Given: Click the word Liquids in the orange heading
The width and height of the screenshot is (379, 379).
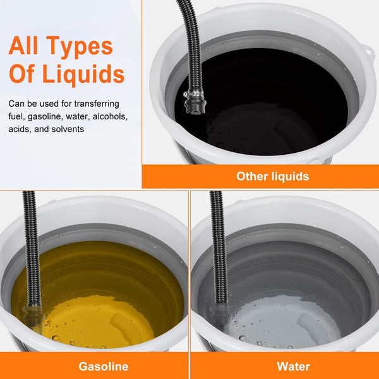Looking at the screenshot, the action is point(83,74).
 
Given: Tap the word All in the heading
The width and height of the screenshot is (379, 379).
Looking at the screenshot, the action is point(23,45).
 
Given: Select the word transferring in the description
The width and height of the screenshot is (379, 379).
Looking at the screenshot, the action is point(97,104).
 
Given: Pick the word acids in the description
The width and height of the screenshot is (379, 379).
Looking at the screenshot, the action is point(20,129).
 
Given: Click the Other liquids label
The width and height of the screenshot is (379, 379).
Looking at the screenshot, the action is point(273,176).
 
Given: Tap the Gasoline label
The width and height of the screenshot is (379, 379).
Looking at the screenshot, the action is point(104,366).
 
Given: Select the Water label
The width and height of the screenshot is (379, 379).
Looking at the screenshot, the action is point(294,366).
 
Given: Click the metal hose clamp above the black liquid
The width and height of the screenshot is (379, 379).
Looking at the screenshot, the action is point(193,94).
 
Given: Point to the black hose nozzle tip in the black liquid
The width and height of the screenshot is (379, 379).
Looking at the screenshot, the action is point(195,106).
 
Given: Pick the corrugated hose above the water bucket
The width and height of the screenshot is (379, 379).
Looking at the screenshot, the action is point(218,247).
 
